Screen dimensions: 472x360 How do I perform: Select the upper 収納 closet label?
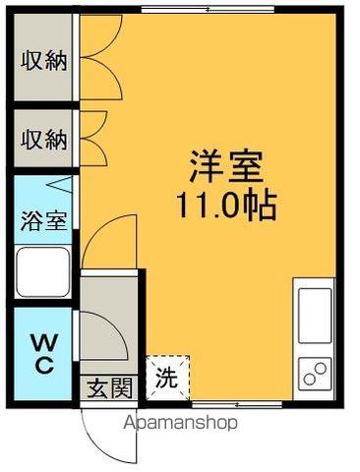tap(43, 61)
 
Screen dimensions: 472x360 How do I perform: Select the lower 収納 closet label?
tap(43, 139)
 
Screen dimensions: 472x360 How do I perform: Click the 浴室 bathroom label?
tap(43, 218)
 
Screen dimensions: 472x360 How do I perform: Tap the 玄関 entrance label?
tap(107, 388)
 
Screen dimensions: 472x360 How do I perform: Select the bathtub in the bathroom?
tap(43, 272)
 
